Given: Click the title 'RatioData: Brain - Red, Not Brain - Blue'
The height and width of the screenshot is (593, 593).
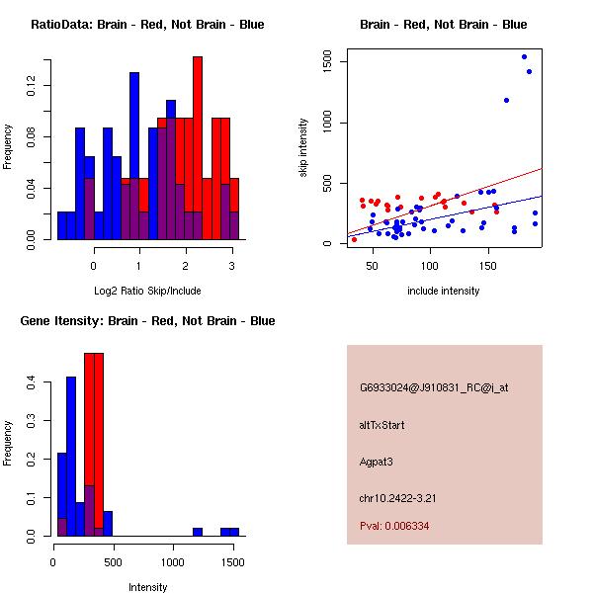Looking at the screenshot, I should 147,25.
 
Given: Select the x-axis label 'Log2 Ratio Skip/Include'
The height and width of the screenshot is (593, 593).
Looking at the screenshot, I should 147,291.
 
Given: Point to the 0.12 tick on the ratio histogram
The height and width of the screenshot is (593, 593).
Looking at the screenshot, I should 37,88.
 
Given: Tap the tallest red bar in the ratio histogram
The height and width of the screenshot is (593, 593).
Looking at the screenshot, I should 198,148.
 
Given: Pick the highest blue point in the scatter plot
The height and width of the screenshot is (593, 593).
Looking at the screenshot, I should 524,57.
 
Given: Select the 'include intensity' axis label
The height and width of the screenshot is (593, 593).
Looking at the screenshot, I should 444,291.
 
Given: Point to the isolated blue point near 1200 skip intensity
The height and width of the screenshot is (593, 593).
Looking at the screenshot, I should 506,100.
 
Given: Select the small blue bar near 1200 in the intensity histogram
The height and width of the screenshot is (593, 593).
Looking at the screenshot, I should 198,532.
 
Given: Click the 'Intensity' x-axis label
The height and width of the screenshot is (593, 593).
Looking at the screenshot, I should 147,587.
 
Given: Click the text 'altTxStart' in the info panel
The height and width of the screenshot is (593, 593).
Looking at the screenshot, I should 382,425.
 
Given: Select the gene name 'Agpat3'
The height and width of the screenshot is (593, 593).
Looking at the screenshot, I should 377,461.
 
